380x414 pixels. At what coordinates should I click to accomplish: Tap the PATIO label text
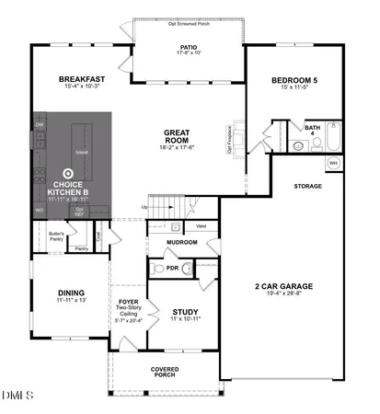[x=189, y=47]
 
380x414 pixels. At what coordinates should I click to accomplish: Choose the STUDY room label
[x=185, y=313]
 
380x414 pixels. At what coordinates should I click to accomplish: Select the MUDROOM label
[x=180, y=243]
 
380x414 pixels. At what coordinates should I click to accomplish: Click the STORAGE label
[x=307, y=187]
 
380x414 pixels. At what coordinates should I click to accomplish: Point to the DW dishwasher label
[x=40, y=124]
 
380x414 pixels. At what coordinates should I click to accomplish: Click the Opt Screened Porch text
[x=189, y=24]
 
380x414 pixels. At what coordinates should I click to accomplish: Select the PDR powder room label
[x=171, y=268]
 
